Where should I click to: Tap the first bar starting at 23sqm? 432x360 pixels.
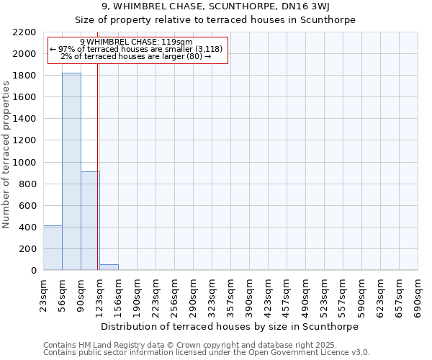53,248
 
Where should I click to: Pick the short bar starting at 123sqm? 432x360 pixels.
109,267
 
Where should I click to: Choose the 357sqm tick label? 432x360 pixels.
231,295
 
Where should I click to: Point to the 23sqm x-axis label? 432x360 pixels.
44,295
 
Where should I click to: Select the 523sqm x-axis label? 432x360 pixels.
325,295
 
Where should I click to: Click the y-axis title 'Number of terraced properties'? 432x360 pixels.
6,154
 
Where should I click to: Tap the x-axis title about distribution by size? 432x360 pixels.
230,326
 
